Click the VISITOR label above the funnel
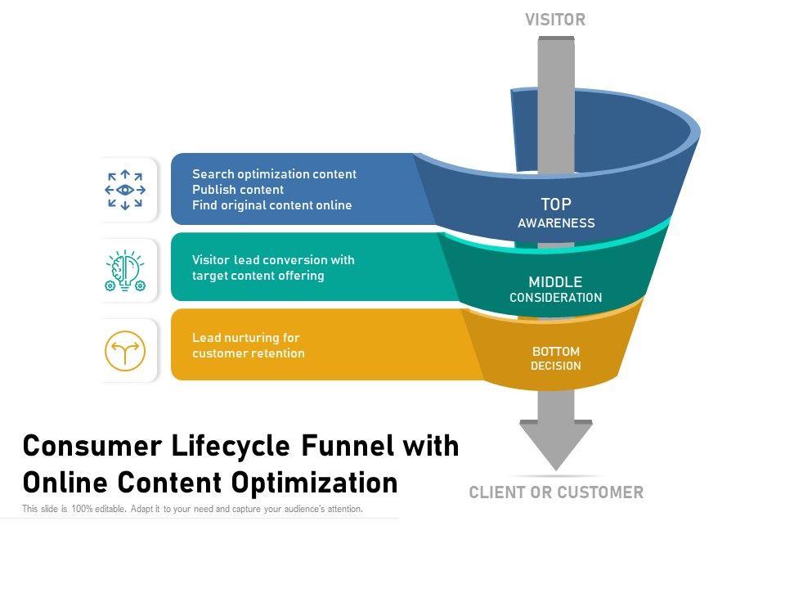(x=555, y=20)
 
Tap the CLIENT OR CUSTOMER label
(x=556, y=492)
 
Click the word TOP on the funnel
(x=556, y=205)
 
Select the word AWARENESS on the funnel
(x=556, y=223)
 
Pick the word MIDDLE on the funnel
(x=555, y=282)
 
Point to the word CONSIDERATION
(x=555, y=298)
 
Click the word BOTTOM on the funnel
(x=556, y=352)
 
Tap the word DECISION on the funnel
(x=556, y=366)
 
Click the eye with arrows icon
(x=125, y=190)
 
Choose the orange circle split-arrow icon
(x=125, y=350)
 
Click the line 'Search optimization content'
(x=274, y=174)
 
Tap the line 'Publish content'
(x=238, y=190)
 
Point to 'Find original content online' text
(x=271, y=205)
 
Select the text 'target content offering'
(x=258, y=276)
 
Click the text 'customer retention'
(x=249, y=353)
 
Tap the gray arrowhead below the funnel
(x=556, y=444)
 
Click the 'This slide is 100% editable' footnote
(x=192, y=510)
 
